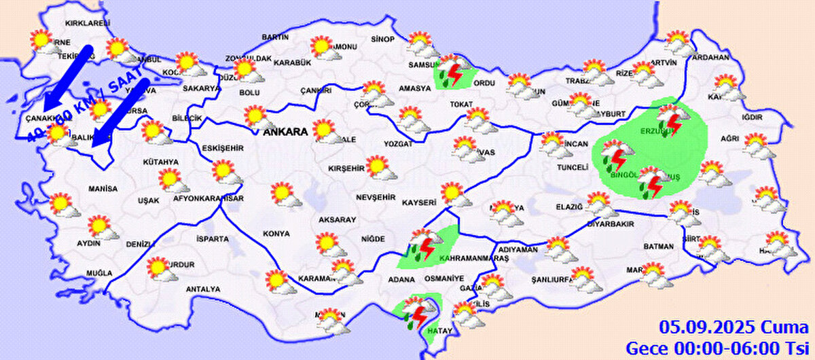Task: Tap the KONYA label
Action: pos(276,234)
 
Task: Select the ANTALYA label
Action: pos(203,289)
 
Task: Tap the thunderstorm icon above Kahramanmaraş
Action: pos(424,246)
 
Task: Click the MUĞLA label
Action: pos(98,273)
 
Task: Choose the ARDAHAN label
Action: pos(709,58)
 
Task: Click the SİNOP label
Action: pos(384,39)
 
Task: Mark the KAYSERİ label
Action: pos(418,202)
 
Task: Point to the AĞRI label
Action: pos(729,139)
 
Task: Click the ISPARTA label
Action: pos(212,239)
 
